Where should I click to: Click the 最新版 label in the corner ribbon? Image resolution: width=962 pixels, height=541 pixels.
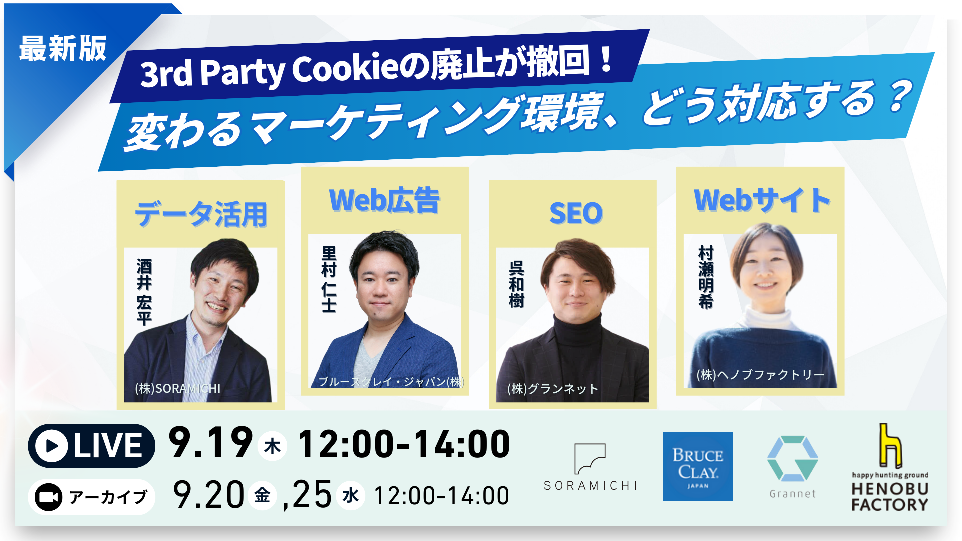point(63,49)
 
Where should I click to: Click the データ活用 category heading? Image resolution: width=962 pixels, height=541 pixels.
point(201,214)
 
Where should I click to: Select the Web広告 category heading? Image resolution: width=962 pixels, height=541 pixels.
point(384,200)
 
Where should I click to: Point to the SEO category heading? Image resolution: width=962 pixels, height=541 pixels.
point(576,213)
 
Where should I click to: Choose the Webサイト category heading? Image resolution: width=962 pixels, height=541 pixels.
point(762,200)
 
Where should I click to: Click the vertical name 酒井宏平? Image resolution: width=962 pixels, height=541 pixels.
point(144,292)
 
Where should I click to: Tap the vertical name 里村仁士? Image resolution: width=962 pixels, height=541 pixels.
point(329,279)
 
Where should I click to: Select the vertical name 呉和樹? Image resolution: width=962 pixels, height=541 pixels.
point(516,284)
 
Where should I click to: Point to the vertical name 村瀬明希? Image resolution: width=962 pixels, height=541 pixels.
point(706,277)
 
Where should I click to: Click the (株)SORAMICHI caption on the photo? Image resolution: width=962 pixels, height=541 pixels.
point(178,388)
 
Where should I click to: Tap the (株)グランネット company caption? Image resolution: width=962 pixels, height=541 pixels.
point(553,389)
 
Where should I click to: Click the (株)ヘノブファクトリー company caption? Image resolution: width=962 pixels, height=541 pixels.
point(761,375)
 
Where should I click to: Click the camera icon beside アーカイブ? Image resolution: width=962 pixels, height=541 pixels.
point(48,497)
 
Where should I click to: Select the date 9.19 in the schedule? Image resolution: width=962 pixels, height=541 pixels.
point(210,443)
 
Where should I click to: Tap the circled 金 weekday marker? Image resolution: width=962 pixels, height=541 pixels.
point(262,496)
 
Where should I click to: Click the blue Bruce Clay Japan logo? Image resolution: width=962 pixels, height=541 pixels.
point(697,466)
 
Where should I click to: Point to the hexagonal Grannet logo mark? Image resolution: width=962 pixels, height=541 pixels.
point(792,459)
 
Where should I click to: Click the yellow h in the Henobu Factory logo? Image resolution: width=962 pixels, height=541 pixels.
point(890,445)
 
